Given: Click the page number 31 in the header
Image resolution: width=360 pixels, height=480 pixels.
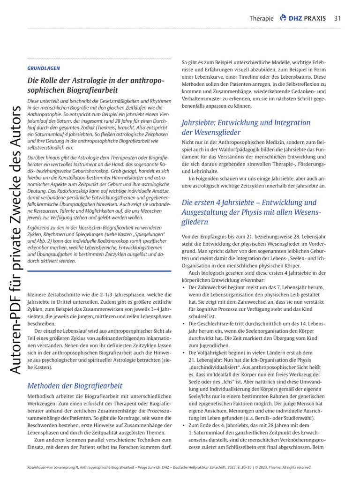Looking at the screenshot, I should [x=337, y=18].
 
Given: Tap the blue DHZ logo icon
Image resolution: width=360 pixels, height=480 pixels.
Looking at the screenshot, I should [x=283, y=18].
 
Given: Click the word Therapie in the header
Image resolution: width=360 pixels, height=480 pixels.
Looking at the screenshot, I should [x=262, y=19].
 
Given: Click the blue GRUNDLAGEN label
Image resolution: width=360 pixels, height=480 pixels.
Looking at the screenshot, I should [x=43, y=68].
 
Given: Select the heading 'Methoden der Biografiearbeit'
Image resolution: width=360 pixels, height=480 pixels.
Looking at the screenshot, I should [x=75, y=386].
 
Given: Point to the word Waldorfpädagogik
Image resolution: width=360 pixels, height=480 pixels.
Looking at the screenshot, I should [x=246, y=150].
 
